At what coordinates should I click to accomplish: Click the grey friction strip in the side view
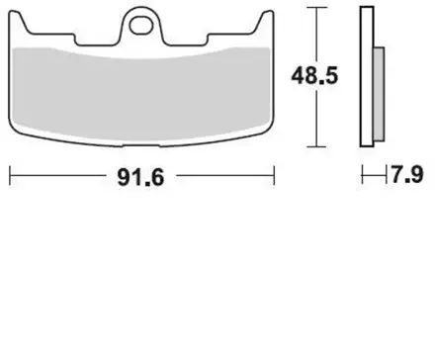click(380, 94)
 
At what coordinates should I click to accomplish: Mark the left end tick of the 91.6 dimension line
click(10, 177)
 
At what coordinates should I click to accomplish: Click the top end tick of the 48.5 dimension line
click(314, 8)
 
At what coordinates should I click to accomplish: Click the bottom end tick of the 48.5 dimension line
click(314, 144)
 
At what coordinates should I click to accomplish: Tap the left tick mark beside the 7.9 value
click(363, 177)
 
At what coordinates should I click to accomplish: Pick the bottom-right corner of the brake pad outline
click(271, 138)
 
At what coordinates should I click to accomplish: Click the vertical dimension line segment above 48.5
click(314, 35)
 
